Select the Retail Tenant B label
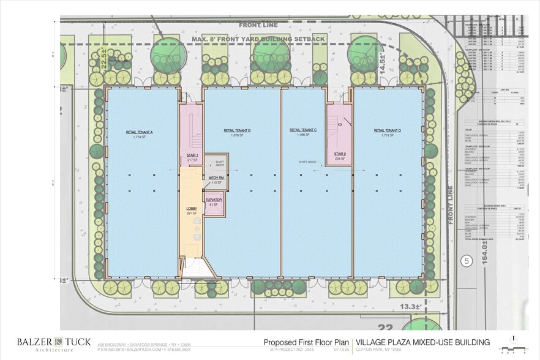click(x=238, y=132)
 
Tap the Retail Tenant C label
click(x=302, y=132)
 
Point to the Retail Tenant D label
click(x=387, y=132)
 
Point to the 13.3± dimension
click(x=411, y=306)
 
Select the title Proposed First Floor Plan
click(x=306, y=342)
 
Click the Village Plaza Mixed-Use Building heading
click(x=423, y=342)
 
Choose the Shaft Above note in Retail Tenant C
click(x=308, y=162)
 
